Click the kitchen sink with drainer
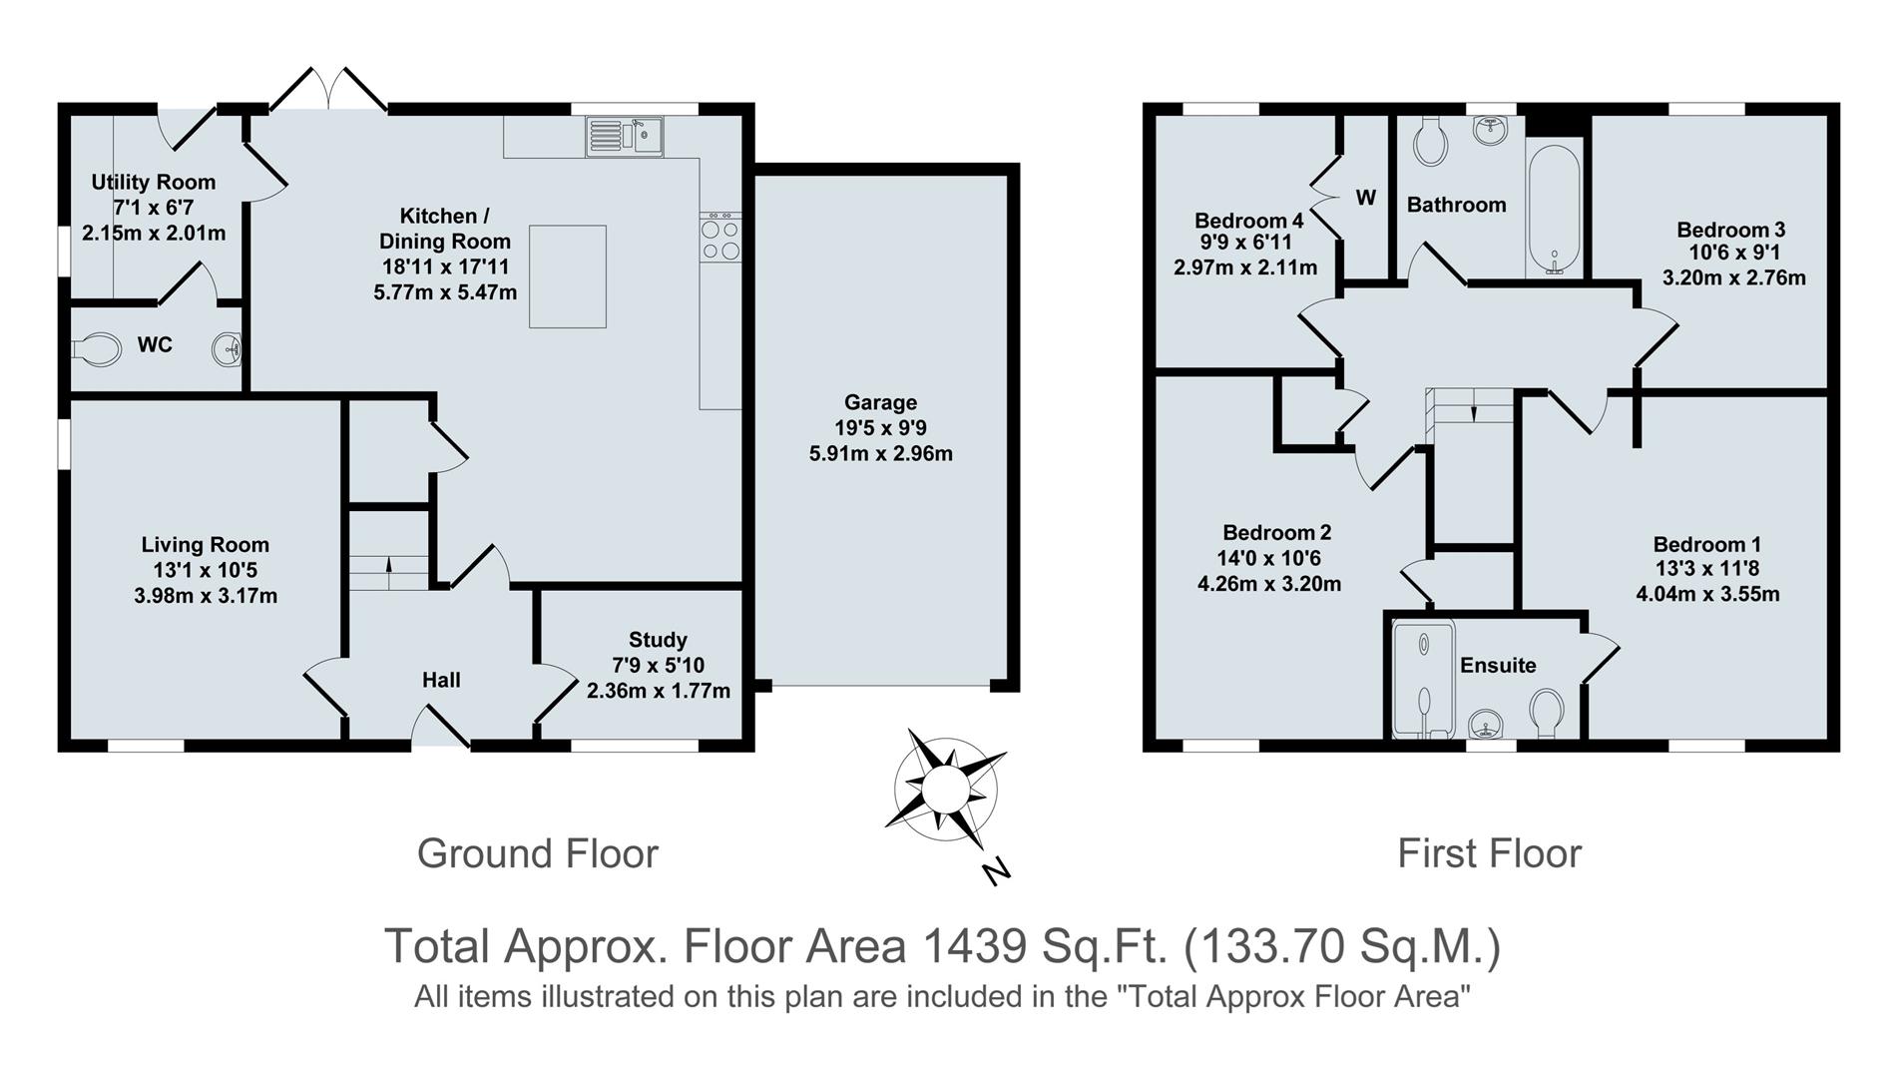(624, 136)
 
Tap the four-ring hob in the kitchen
(720, 240)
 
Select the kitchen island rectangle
(567, 276)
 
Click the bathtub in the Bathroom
(1554, 209)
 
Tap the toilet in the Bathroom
(1431, 143)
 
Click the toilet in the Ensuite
(1547, 712)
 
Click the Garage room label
(879, 402)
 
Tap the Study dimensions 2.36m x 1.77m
(658, 691)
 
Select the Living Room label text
(205, 545)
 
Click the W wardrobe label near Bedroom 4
(1365, 198)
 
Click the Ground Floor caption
(537, 853)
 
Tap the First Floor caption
(1488, 853)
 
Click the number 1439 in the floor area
(973, 946)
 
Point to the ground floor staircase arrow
(388, 572)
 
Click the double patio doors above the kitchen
(328, 90)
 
